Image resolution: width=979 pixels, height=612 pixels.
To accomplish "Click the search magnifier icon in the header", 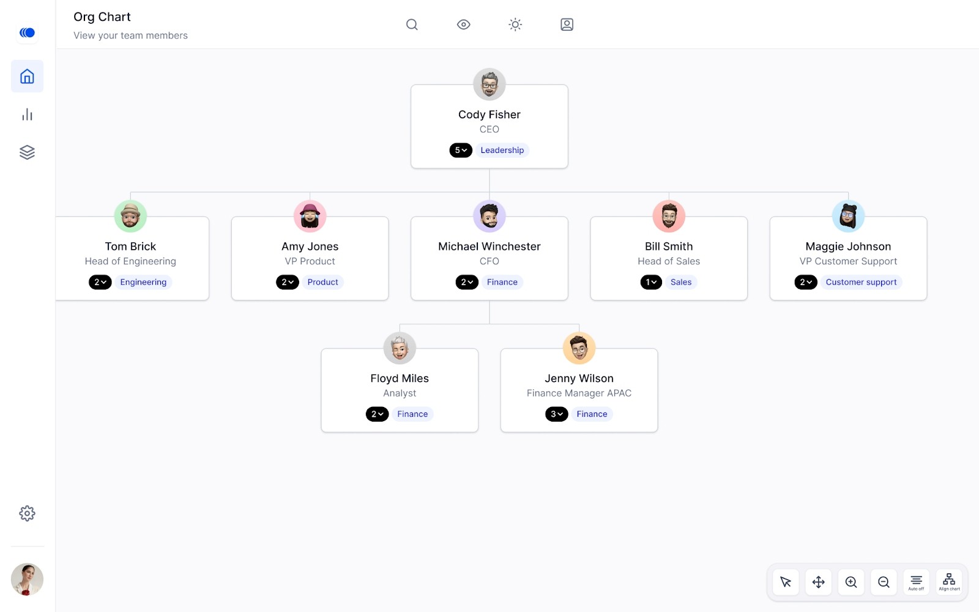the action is (x=412, y=24).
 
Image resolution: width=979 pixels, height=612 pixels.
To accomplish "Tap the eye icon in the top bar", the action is (x=463, y=24).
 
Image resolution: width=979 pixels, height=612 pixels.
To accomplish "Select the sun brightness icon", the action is (x=515, y=24).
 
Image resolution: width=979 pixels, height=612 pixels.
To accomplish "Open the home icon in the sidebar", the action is (x=27, y=76).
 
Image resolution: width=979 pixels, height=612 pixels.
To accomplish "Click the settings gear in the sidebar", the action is (x=27, y=513).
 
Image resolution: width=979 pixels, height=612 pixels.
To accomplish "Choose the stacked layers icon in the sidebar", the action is (x=27, y=152).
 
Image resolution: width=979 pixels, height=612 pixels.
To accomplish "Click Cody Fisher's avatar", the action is (x=489, y=84).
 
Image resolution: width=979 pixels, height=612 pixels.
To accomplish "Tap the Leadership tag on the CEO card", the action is (x=502, y=150).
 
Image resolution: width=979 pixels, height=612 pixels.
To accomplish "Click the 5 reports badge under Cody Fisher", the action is (x=461, y=150).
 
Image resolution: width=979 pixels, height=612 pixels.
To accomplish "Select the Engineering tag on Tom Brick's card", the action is (x=143, y=282).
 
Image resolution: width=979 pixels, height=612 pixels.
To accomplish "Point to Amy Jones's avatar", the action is (x=310, y=216).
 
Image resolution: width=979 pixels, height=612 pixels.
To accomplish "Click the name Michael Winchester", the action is (x=489, y=246).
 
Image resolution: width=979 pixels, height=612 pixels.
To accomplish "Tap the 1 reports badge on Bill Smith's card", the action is (x=651, y=282).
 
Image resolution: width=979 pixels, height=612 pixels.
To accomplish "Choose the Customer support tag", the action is (x=861, y=282).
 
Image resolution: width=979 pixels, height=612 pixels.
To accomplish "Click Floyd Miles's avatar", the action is (x=400, y=348).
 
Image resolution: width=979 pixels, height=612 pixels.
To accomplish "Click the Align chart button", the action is (x=949, y=582).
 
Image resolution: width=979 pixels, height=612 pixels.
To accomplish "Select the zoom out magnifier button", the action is (x=884, y=582).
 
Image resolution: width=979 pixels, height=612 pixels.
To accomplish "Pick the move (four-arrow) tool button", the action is (x=818, y=582).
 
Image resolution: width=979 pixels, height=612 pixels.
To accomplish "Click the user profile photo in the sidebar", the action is (x=27, y=579).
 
